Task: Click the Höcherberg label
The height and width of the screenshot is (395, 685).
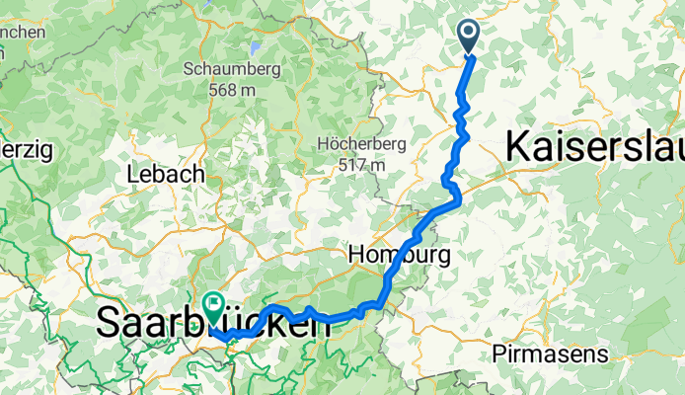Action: [361, 144]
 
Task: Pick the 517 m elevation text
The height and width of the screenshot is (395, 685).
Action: [361, 165]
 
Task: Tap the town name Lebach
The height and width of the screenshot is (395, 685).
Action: [165, 174]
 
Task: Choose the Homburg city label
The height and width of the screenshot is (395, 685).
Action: [399, 255]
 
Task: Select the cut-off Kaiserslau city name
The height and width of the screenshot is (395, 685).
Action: [594, 148]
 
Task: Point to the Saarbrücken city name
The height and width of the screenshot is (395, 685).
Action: [213, 323]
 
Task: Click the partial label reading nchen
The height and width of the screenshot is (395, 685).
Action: [23, 33]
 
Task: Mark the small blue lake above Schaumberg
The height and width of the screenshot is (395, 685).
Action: [256, 45]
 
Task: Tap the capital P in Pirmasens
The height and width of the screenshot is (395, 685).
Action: [495, 352]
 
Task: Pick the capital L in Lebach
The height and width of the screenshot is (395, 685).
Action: [132, 174]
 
